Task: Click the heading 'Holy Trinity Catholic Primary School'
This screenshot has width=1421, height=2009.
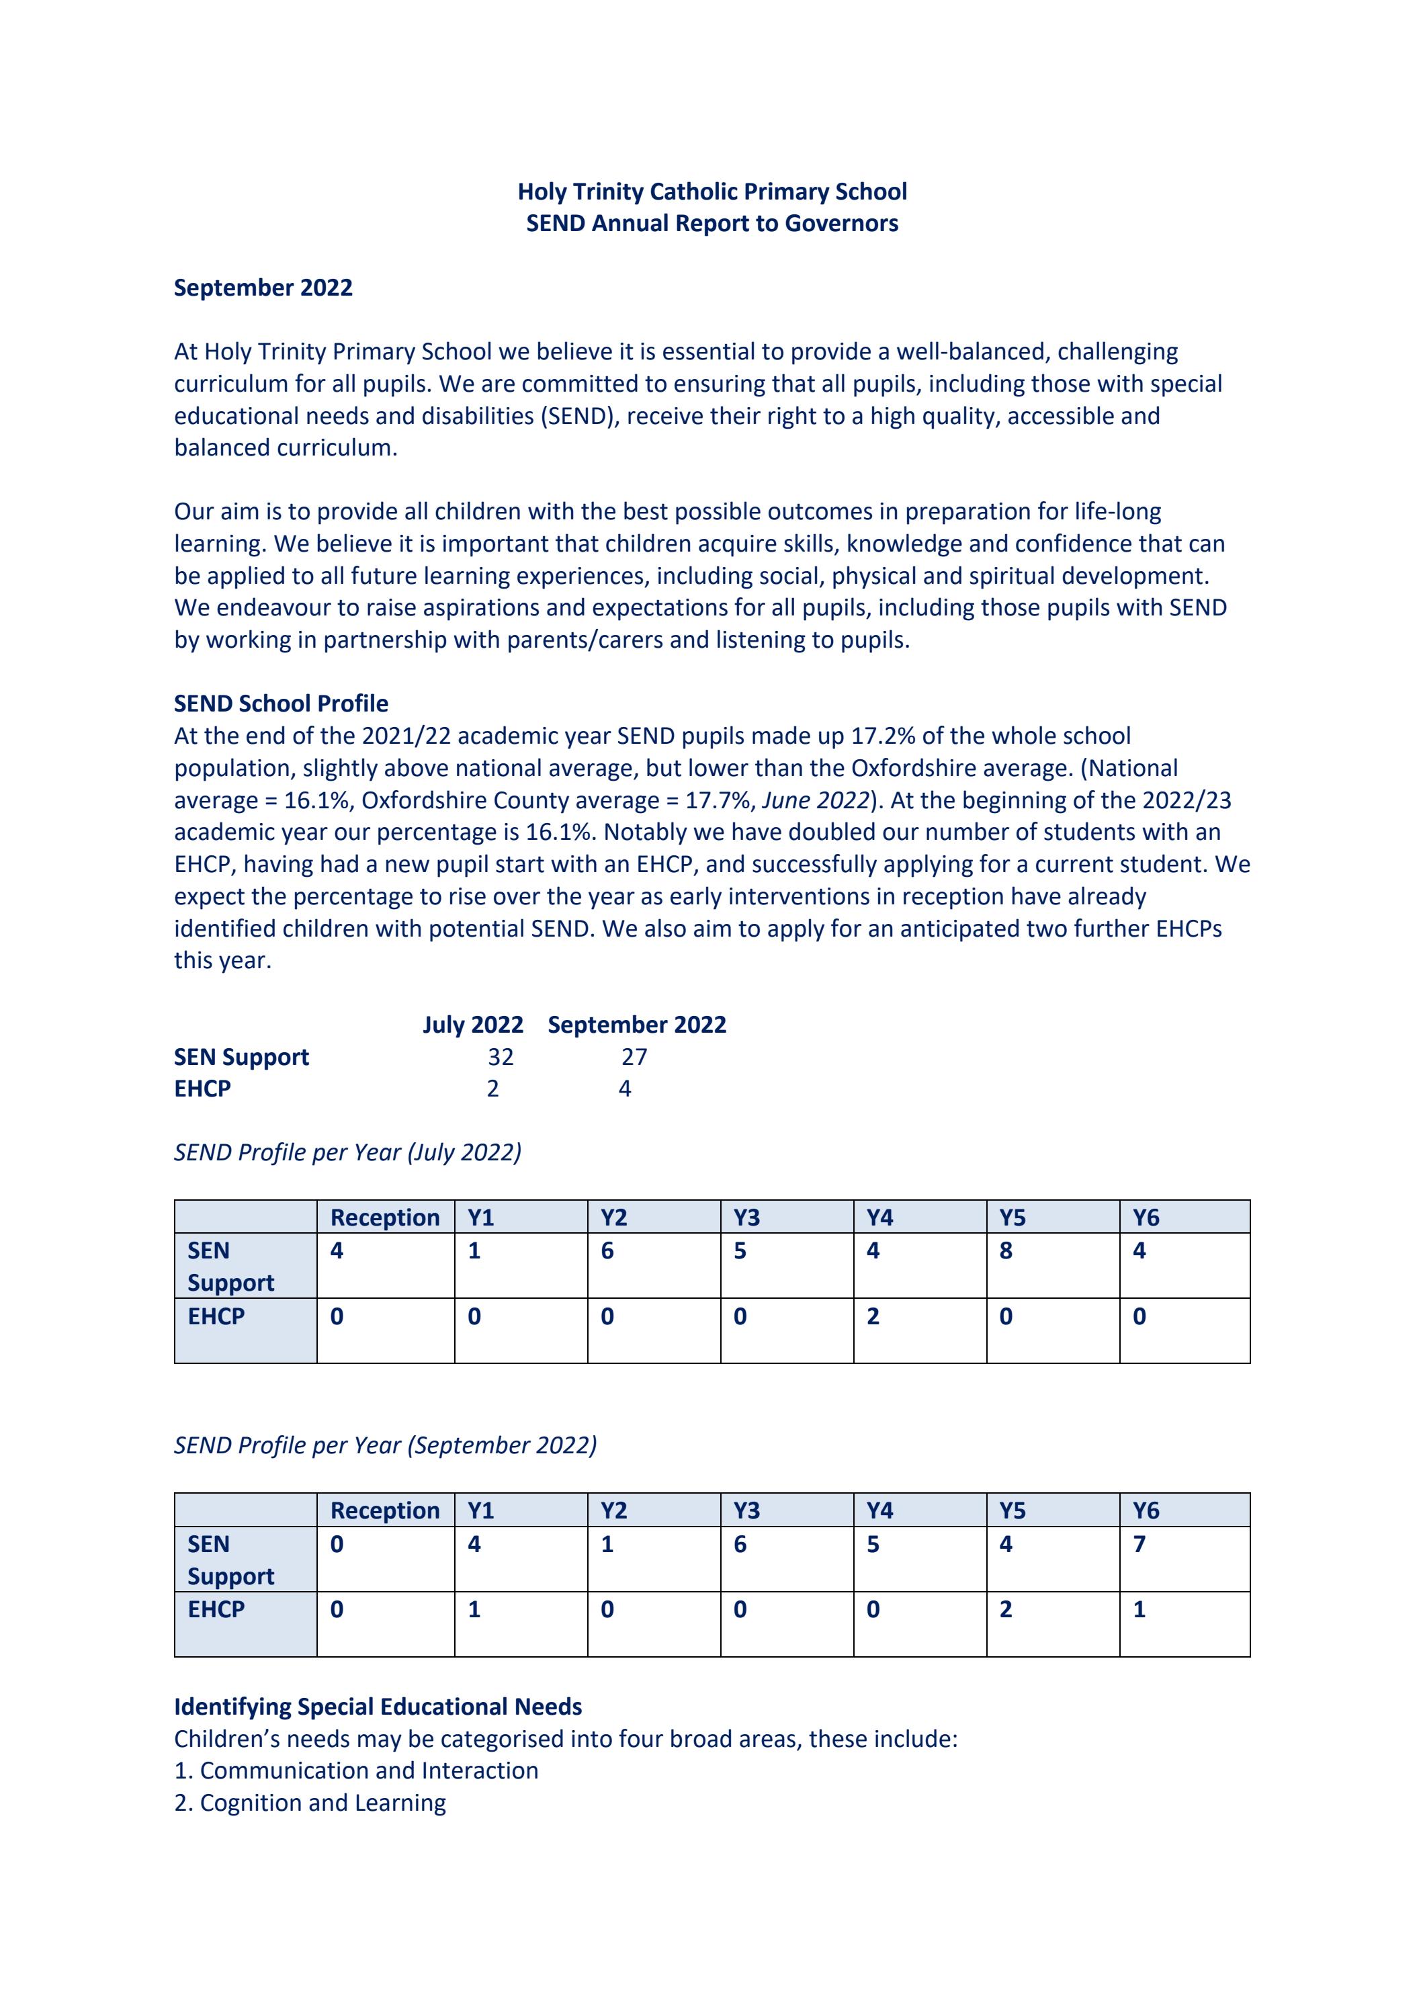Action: click(x=712, y=191)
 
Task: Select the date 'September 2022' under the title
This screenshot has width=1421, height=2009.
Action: click(x=263, y=288)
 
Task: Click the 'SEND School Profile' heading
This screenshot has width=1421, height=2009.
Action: click(x=281, y=703)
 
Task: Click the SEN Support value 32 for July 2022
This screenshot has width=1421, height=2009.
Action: click(x=501, y=1057)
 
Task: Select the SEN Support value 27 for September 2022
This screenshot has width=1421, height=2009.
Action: click(x=634, y=1057)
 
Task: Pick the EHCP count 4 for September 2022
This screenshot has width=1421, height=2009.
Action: click(x=625, y=1088)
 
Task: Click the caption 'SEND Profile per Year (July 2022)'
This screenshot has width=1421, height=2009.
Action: click(x=347, y=1152)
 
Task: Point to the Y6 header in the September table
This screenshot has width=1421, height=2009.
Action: click(x=1146, y=1511)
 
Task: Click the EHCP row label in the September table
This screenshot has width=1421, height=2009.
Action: click(x=216, y=1610)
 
